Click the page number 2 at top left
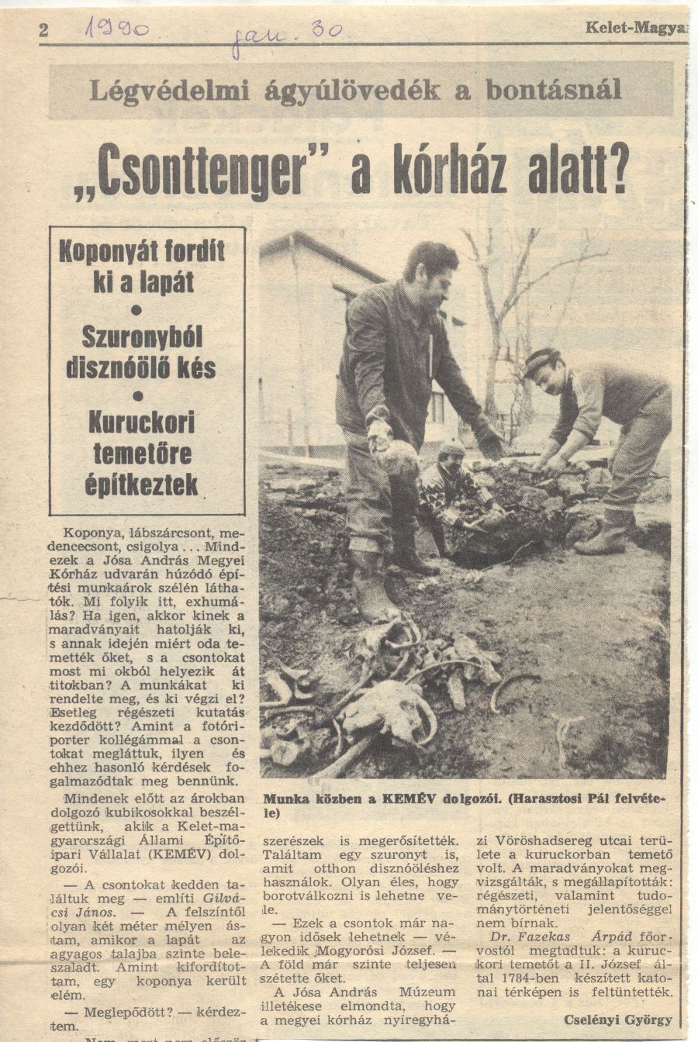pyautogui.click(x=43, y=30)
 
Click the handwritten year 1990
pyautogui.click(x=118, y=30)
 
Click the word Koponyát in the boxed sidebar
pyautogui.click(x=102, y=251)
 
